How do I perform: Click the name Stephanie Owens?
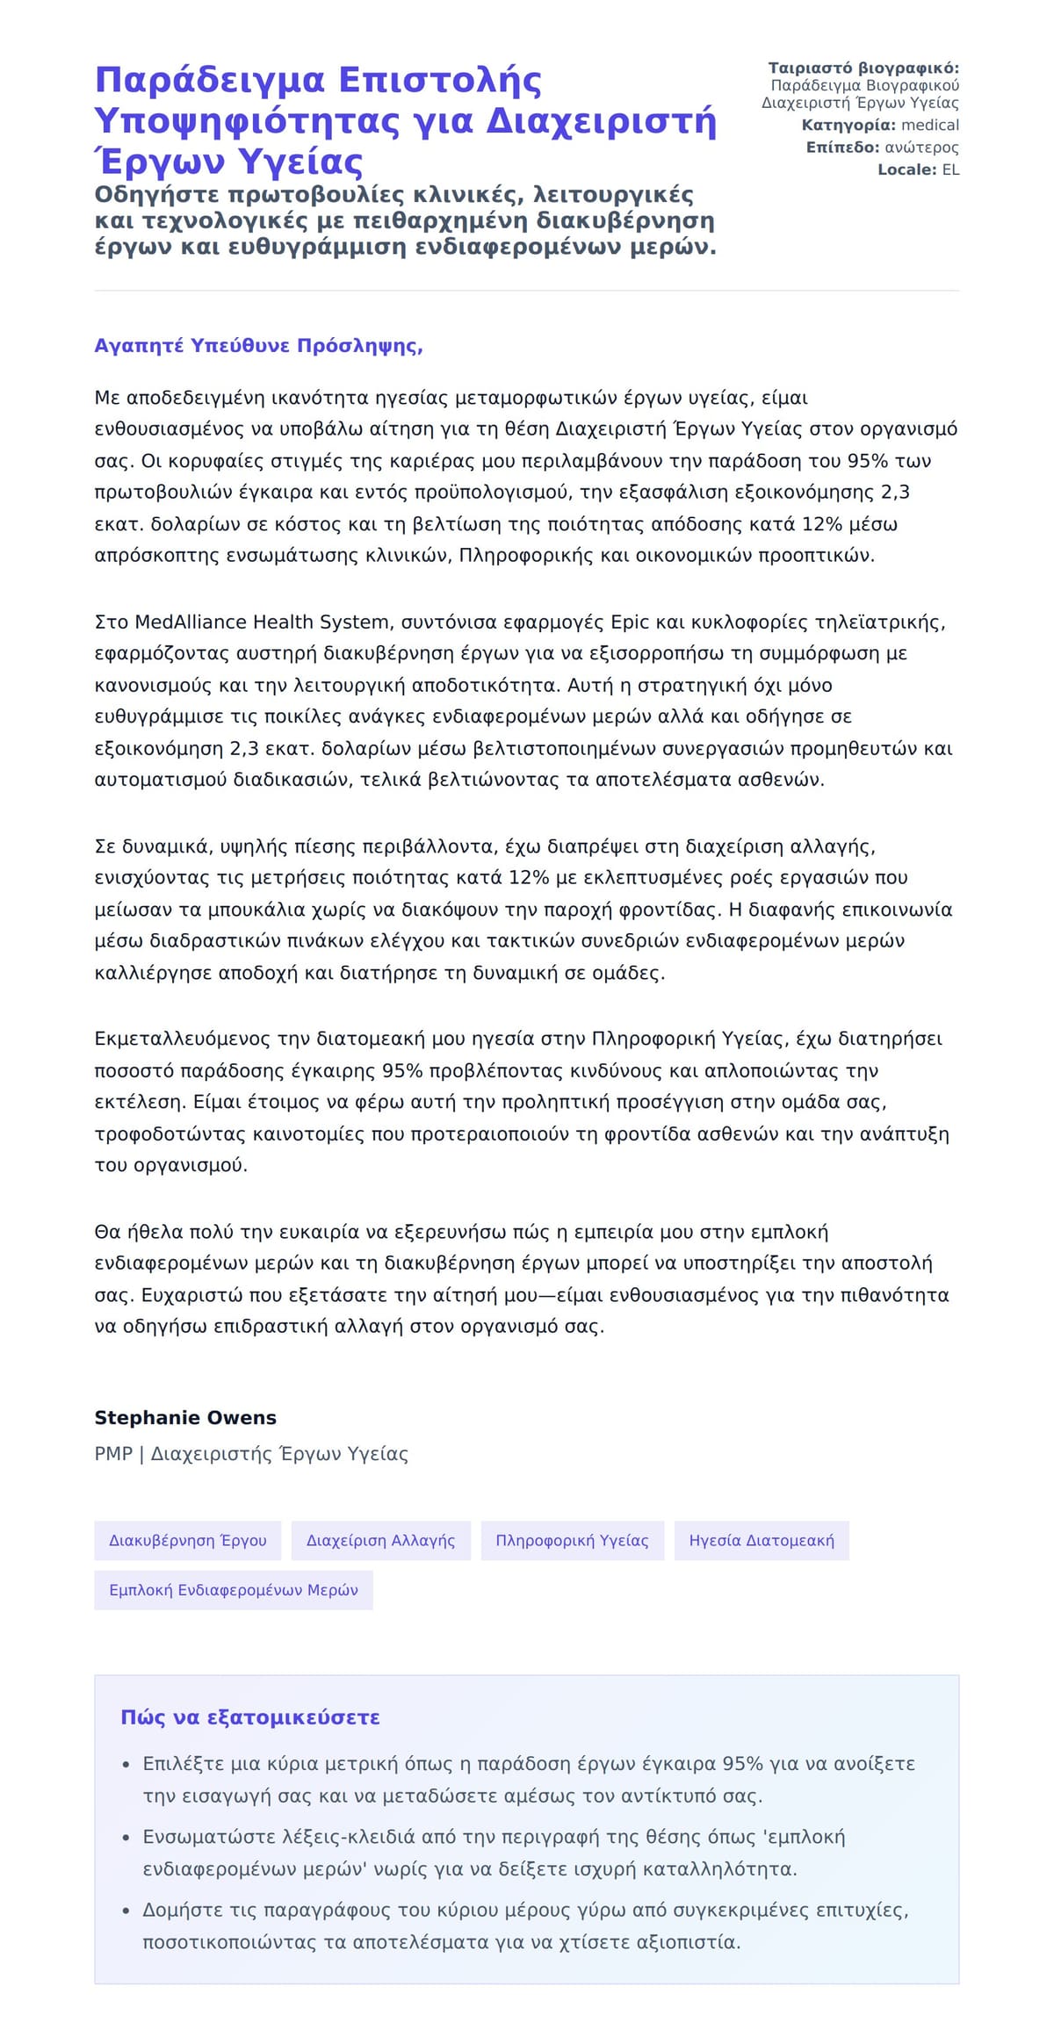click(x=184, y=1417)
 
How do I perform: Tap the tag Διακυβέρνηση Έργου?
click(x=187, y=1540)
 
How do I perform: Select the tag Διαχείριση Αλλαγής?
click(x=380, y=1540)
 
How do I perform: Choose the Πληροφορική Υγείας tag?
click(x=572, y=1540)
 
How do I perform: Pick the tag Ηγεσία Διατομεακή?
click(x=762, y=1540)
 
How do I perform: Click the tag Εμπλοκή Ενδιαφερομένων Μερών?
click(x=233, y=1590)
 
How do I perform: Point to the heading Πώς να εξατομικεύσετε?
click(x=249, y=1717)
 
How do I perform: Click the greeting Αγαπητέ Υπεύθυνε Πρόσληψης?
click(x=258, y=345)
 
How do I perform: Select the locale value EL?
click(x=950, y=169)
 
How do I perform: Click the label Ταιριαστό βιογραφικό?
click(x=863, y=68)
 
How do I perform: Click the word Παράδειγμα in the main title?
click(x=211, y=80)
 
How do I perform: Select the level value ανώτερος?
click(x=920, y=148)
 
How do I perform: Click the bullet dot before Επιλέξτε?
click(x=125, y=1764)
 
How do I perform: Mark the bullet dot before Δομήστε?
click(x=125, y=1911)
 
